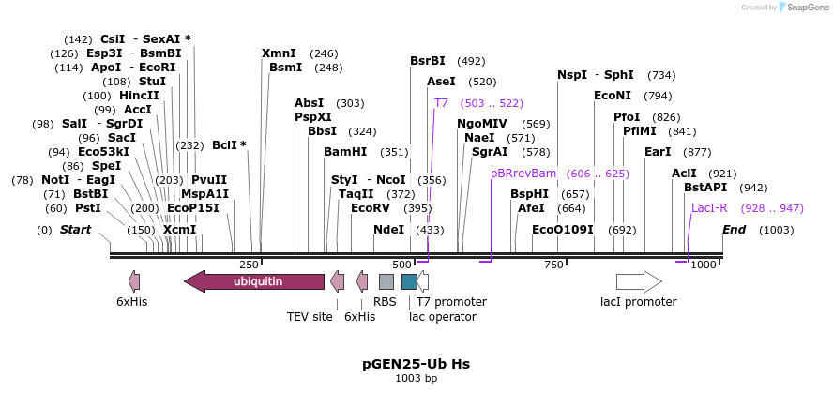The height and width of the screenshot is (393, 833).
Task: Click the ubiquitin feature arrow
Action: (x=254, y=280)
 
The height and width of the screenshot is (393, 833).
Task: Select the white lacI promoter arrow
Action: (x=639, y=280)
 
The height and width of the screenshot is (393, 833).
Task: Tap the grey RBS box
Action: (x=386, y=280)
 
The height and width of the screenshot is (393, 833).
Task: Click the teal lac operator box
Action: (x=409, y=280)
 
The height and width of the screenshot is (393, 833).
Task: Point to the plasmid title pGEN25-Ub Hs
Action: (x=416, y=363)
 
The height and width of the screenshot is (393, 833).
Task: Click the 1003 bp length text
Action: (x=416, y=378)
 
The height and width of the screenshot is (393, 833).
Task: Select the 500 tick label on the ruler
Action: (x=401, y=265)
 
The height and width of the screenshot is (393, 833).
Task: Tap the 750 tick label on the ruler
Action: (x=553, y=265)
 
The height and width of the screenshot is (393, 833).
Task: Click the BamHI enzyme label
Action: (x=345, y=152)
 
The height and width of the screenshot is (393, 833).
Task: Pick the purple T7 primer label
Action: (x=441, y=103)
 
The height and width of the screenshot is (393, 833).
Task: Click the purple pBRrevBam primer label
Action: (x=523, y=174)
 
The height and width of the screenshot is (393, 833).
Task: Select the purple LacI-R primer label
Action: (x=709, y=208)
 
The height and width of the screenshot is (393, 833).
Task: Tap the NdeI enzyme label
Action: (x=388, y=230)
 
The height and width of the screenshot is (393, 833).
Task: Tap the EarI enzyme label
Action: (x=658, y=152)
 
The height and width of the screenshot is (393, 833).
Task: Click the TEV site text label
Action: (x=310, y=316)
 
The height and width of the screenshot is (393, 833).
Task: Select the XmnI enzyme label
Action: (x=279, y=53)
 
